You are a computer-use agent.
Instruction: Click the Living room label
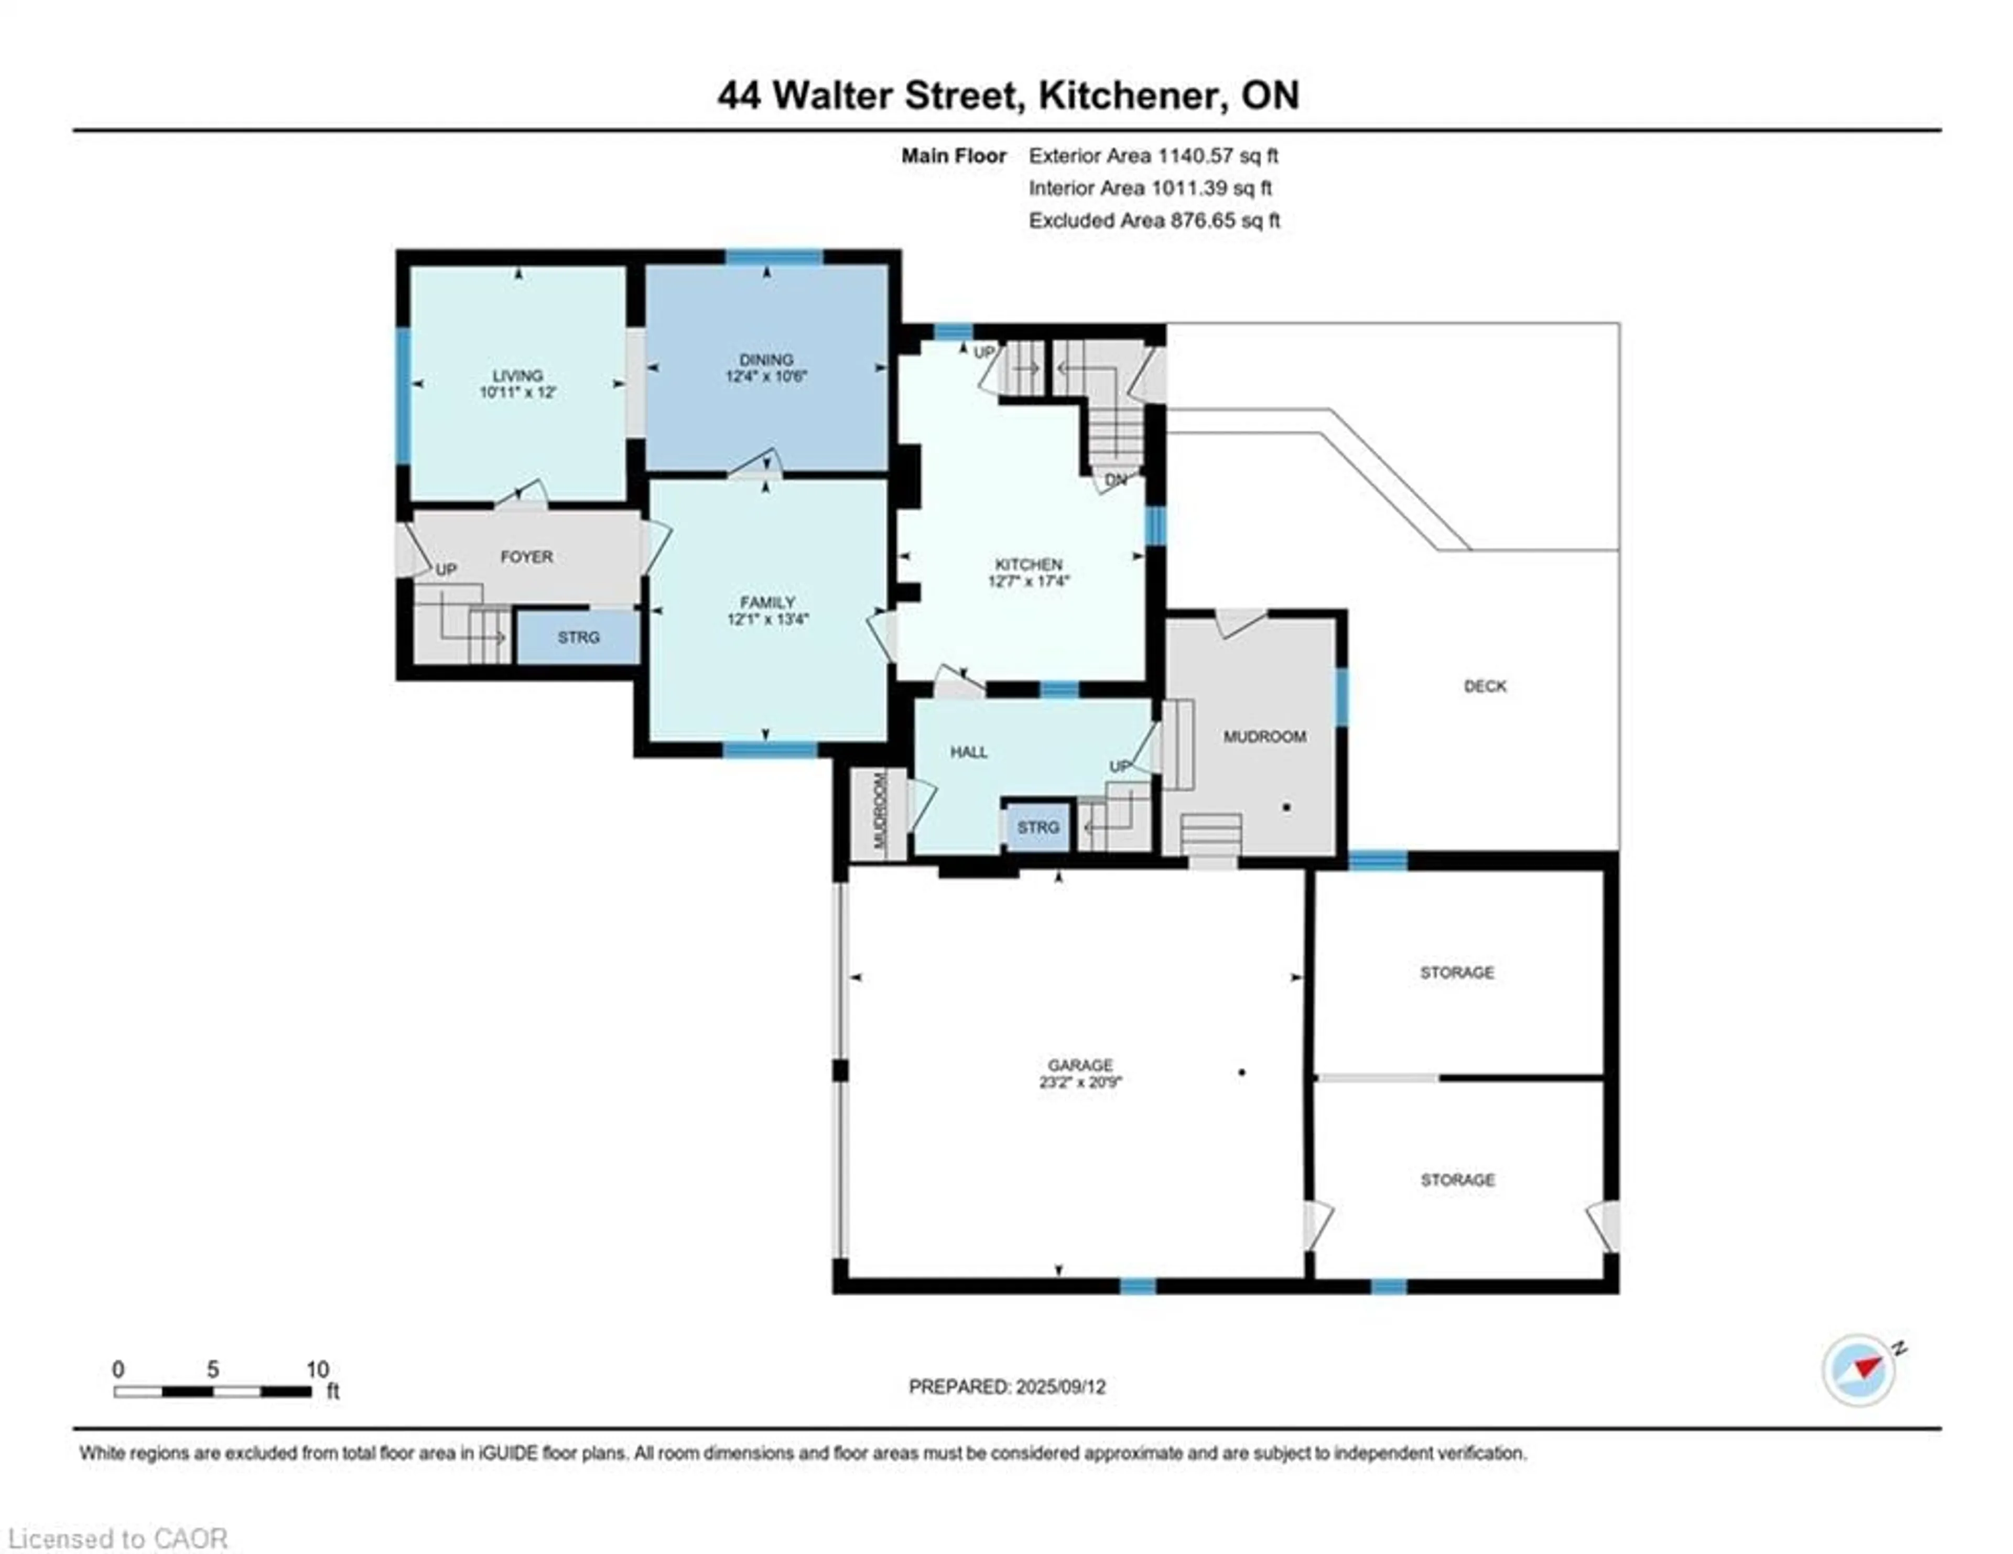pyautogui.click(x=517, y=375)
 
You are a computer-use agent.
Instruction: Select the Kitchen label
pyautogui.click(x=1029, y=564)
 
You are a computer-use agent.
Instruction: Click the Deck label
pyautogui.click(x=1485, y=686)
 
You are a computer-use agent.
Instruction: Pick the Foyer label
pyautogui.click(x=526, y=557)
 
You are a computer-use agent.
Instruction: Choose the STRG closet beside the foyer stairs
pyautogui.click(x=578, y=637)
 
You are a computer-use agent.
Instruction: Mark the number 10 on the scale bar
pyautogui.click(x=317, y=1369)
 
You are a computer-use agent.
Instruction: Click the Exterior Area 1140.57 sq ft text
pyautogui.click(x=1153, y=156)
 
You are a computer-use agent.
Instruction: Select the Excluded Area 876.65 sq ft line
pyautogui.click(x=1154, y=220)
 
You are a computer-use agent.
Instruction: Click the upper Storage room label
pyautogui.click(x=1456, y=973)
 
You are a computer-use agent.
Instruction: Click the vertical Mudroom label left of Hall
pyautogui.click(x=879, y=810)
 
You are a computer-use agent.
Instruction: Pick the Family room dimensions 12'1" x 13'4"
pyautogui.click(x=767, y=619)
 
